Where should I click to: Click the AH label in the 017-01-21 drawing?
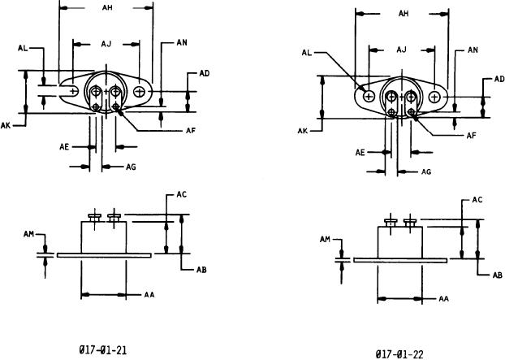(107, 7)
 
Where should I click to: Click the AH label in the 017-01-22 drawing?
(404, 14)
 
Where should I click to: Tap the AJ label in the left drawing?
(106, 44)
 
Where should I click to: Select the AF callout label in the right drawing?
(471, 136)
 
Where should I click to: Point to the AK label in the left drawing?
(6, 125)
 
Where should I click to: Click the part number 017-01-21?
(103, 350)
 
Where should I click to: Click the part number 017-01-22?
(399, 354)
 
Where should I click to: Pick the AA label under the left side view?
(149, 294)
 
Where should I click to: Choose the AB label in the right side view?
(497, 275)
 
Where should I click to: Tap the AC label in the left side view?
(181, 194)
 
